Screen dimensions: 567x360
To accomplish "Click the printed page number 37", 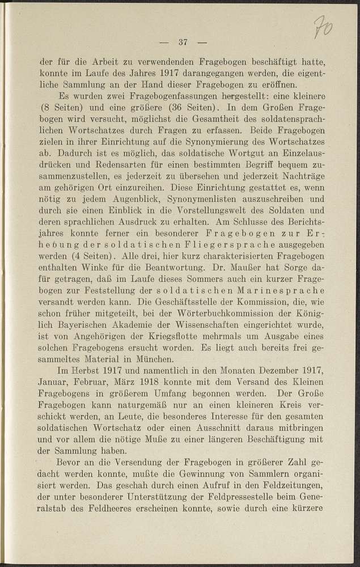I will [x=183, y=41].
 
